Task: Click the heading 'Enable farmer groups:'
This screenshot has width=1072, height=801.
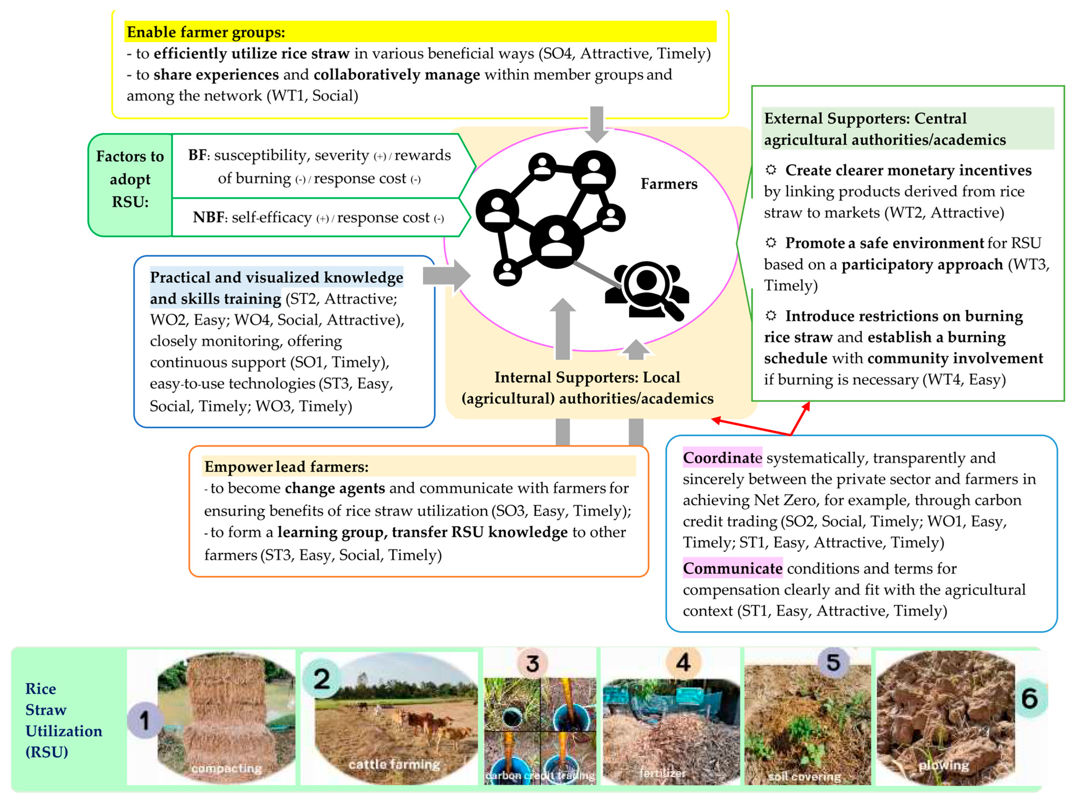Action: [205, 32]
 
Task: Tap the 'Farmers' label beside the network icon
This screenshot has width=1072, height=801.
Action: [669, 184]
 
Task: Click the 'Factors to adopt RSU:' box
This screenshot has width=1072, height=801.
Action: [130, 179]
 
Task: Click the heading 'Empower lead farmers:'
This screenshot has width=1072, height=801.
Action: [286, 466]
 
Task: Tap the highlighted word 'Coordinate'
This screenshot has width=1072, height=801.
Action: [721, 458]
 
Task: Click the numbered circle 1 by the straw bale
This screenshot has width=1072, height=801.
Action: [144, 720]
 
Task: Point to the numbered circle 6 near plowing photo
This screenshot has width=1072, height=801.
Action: [1030, 698]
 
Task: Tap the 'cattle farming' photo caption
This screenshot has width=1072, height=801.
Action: [394, 765]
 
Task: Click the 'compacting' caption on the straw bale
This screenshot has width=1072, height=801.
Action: [226, 768]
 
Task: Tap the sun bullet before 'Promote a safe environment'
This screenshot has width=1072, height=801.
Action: [770, 242]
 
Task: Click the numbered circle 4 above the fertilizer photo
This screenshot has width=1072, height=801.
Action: [683, 662]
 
